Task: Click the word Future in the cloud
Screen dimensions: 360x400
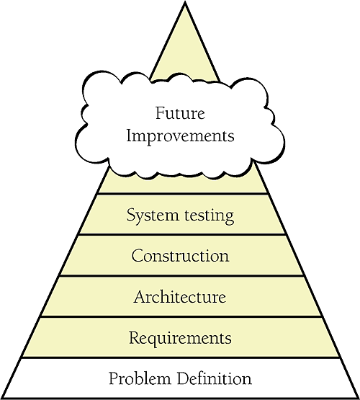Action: pyautogui.click(x=180, y=113)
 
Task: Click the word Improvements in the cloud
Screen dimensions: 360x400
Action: pyautogui.click(x=180, y=136)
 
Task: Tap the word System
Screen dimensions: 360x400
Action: pyautogui.click(x=153, y=215)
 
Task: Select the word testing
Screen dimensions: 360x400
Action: pyautogui.click(x=209, y=216)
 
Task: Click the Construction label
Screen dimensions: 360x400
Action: pyautogui.click(x=181, y=256)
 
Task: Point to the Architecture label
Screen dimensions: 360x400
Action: pyautogui.click(x=180, y=297)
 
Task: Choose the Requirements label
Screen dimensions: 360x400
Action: pyautogui.click(x=180, y=338)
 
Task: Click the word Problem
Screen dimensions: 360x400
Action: pyautogui.click(x=140, y=378)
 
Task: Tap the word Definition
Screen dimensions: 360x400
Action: pyautogui.click(x=215, y=378)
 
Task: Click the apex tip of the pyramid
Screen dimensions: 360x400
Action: pyautogui.click(x=185, y=2)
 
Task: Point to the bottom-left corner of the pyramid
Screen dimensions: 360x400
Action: pyautogui.click(x=2, y=397)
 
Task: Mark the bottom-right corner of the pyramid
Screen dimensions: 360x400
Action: pyautogui.click(x=357, y=397)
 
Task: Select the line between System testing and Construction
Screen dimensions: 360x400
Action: pyautogui.click(x=182, y=234)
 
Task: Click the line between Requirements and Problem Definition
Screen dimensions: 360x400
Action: pyautogui.click(x=181, y=357)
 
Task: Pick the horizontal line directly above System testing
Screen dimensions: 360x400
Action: pyautogui.click(x=183, y=194)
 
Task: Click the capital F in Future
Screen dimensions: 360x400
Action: pyautogui.click(x=160, y=113)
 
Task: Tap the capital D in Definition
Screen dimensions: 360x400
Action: pyautogui.click(x=184, y=378)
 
